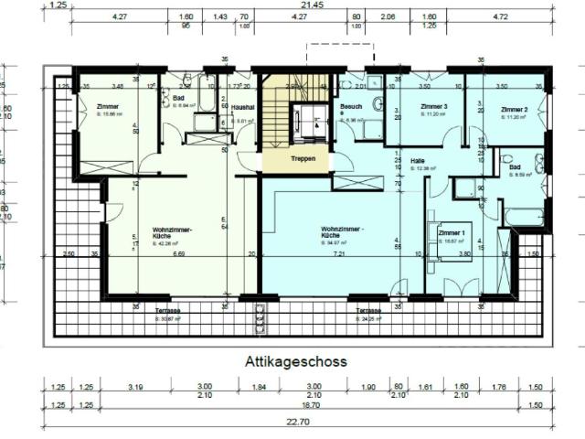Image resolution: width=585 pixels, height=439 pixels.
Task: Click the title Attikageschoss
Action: click(295, 361)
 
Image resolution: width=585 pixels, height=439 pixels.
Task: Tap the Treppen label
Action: click(303, 157)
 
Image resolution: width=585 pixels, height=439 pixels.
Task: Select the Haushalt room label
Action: click(243, 106)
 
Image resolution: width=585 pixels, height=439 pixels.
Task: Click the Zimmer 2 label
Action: click(514, 109)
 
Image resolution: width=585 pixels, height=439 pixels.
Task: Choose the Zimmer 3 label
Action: click(433, 108)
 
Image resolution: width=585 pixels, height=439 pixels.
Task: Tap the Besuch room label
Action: click(352, 107)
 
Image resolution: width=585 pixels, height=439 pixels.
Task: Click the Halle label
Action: click(419, 160)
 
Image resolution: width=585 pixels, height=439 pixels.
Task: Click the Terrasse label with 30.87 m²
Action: click(167, 310)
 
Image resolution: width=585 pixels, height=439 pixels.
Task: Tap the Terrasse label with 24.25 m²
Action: click(369, 310)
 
